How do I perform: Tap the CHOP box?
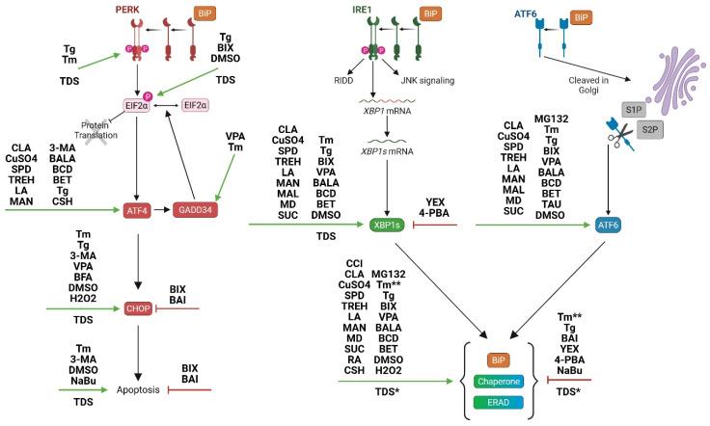coord(138,309)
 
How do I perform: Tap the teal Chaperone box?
coord(500,383)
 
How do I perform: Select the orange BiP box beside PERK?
coord(205,13)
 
